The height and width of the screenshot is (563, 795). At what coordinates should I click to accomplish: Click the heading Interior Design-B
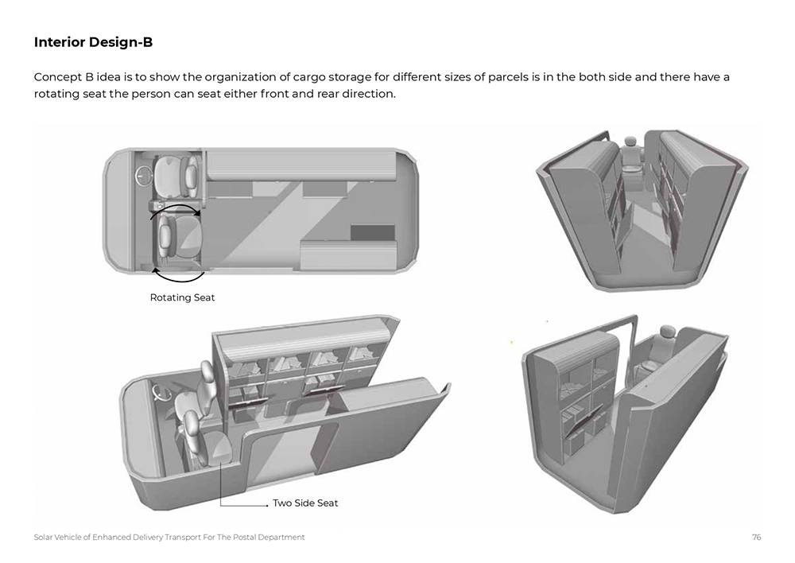(93, 42)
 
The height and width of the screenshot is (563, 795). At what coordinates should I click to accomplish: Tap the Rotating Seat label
(183, 297)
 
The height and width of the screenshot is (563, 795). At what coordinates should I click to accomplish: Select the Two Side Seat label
(305, 503)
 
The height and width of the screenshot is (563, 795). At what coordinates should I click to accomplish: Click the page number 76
(757, 537)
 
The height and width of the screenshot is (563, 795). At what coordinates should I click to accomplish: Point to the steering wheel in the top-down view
(143, 176)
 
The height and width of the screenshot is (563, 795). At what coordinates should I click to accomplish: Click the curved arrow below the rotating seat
(178, 278)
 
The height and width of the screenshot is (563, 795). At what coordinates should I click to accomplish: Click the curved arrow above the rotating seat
(175, 208)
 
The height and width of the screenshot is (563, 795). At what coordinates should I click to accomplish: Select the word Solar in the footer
(43, 537)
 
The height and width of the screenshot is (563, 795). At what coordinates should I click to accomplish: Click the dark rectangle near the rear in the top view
(373, 233)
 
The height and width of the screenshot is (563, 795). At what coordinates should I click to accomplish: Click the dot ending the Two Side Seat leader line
(267, 506)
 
